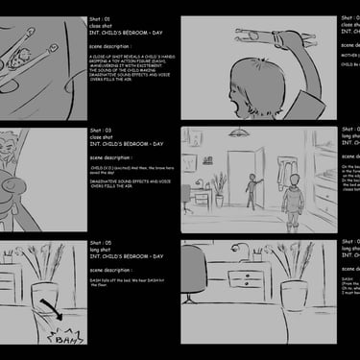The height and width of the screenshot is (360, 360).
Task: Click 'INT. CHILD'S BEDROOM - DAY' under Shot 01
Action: point(127,35)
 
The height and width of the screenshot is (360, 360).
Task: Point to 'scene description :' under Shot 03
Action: point(111,157)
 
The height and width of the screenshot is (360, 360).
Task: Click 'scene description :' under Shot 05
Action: point(111,271)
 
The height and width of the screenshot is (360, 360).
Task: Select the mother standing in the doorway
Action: point(252,190)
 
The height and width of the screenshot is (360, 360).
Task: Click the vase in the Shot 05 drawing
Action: point(43,302)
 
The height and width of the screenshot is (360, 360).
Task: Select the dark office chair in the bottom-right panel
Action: point(193,274)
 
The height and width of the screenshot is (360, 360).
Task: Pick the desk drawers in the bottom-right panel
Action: point(249,279)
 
